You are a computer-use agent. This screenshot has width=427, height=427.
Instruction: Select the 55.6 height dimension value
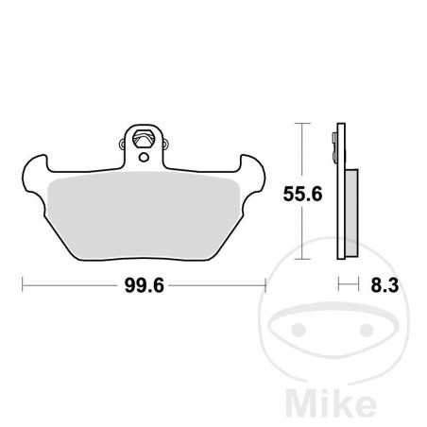(x=302, y=196)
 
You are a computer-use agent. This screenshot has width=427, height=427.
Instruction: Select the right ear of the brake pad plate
(x=253, y=170)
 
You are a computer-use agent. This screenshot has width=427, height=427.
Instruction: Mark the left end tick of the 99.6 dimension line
(x=23, y=282)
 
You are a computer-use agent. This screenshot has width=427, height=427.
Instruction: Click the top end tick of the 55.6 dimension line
(x=302, y=123)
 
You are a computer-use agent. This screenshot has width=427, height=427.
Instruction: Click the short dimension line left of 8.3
(x=347, y=282)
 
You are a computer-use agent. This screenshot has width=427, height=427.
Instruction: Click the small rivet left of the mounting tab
(x=121, y=145)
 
